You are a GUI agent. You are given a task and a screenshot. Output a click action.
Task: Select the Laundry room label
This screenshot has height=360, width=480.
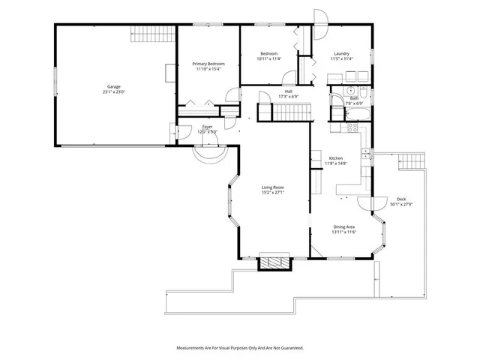[x=342, y=53]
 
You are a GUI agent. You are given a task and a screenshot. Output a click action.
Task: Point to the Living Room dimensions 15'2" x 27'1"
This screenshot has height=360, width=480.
[x=273, y=192]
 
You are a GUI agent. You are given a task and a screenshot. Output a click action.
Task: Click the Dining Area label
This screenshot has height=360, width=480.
[x=344, y=226]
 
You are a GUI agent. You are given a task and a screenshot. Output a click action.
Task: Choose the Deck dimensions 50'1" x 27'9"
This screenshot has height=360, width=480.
[x=401, y=205]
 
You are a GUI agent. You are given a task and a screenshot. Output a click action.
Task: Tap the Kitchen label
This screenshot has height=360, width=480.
[x=336, y=158]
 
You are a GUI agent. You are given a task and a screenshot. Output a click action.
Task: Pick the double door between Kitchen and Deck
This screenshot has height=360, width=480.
[x=367, y=201]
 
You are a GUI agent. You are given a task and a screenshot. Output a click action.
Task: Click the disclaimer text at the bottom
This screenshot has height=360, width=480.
[x=240, y=348]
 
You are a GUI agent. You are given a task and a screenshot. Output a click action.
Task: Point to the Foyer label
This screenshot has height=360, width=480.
[x=208, y=127]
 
